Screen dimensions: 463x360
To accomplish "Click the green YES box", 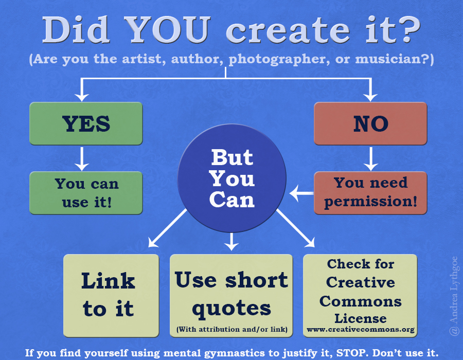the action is [86, 123].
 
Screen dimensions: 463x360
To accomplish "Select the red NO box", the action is [370, 123].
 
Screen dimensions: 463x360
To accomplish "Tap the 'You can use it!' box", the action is [86, 193].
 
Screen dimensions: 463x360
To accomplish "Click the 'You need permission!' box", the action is [370, 193].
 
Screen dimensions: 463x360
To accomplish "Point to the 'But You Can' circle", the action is [232, 178].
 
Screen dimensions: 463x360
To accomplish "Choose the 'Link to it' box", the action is [111, 295].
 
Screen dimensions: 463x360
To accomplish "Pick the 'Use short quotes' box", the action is [231, 295].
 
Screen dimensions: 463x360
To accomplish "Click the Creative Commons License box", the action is [360, 295].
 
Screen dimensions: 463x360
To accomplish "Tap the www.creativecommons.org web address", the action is [361, 329].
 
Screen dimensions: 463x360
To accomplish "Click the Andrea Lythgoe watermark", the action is [454, 296].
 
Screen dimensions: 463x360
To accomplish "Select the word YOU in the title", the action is [167, 30].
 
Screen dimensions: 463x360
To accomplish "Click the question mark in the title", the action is [408, 29].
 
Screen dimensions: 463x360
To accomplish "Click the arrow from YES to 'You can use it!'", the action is [82, 158].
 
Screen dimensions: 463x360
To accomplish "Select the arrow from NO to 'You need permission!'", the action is [370, 158].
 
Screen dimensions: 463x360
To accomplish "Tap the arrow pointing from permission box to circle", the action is [301, 193].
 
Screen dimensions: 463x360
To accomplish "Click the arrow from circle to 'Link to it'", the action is [167, 228].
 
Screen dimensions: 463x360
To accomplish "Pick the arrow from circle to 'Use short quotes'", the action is [232, 242].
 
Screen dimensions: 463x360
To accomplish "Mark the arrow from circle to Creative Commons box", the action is [296, 228].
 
